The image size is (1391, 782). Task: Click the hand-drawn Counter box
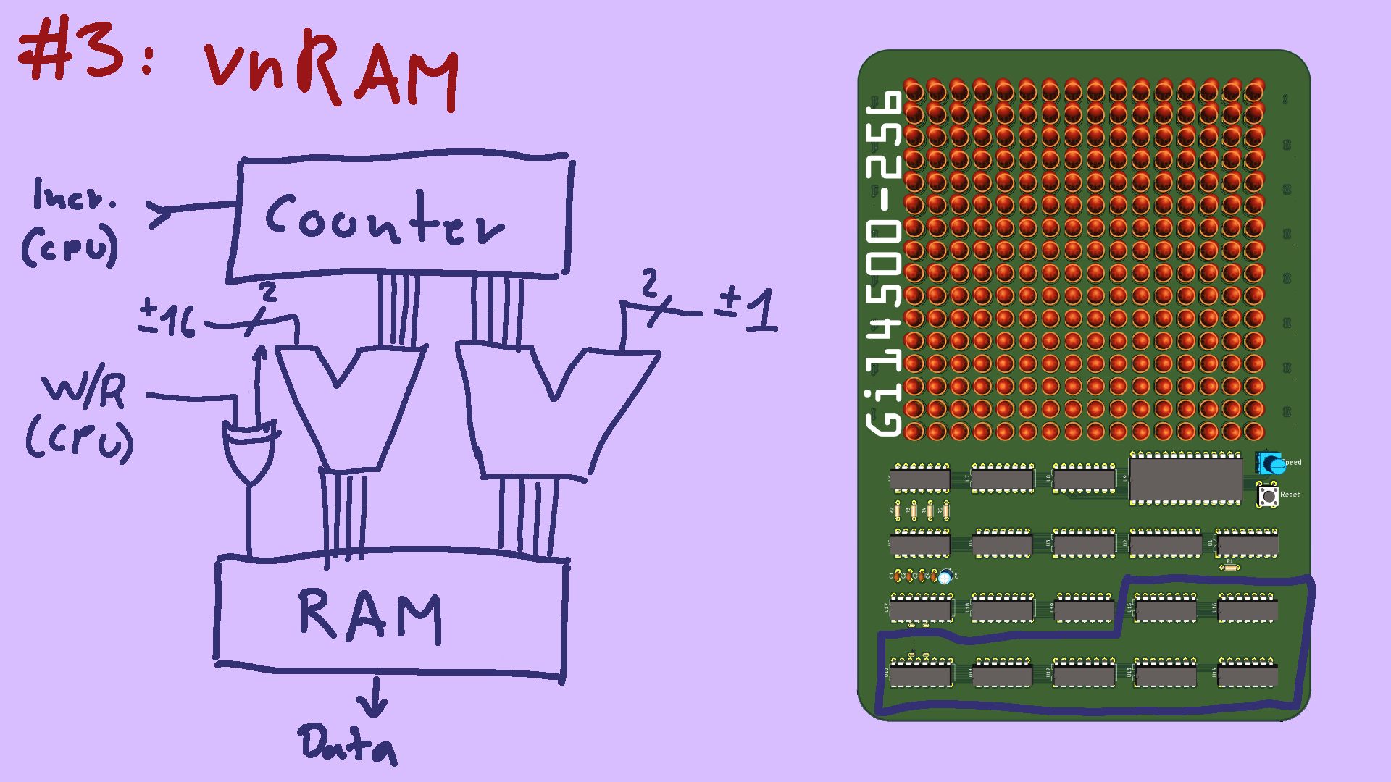(398, 217)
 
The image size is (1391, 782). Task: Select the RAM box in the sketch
(391, 615)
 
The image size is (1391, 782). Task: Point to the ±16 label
(167, 319)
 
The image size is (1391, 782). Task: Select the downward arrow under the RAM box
(374, 698)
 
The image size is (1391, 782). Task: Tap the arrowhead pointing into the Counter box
(161, 214)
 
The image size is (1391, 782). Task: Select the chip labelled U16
(1248, 610)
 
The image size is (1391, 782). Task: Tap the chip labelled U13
(1165, 675)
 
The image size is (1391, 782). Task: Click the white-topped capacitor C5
(945, 577)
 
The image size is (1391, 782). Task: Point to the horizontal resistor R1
(1229, 568)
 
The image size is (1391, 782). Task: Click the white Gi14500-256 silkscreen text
(885, 264)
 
